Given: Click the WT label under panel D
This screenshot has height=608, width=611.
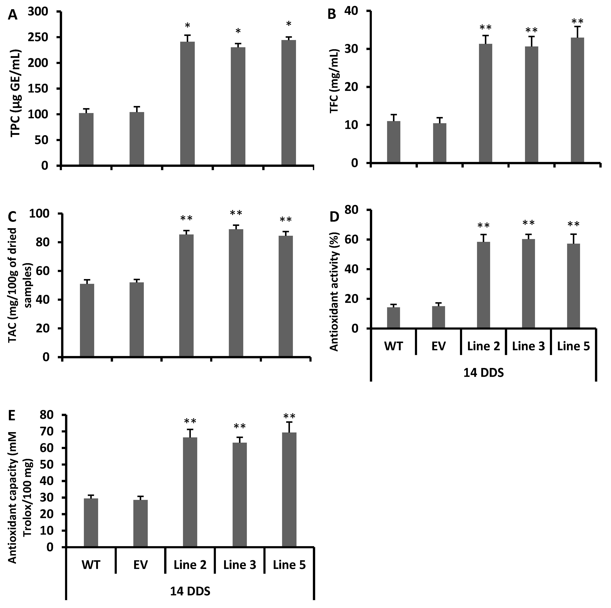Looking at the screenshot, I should [x=393, y=346].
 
